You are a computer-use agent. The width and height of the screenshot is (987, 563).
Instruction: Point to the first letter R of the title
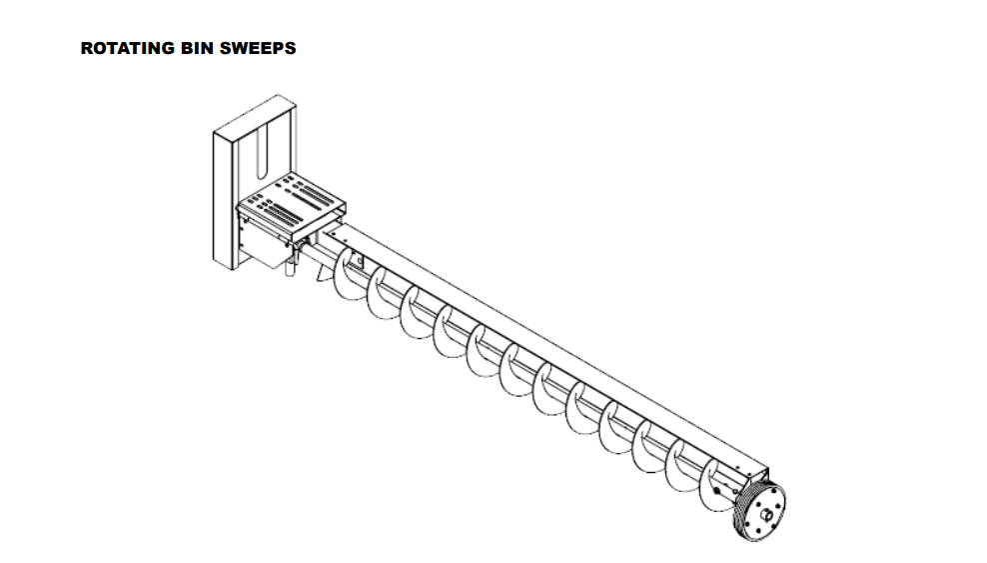[86, 48]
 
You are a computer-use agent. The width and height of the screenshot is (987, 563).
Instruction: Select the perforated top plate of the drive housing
[291, 199]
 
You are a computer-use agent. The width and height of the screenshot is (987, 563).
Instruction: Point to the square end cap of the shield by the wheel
[755, 470]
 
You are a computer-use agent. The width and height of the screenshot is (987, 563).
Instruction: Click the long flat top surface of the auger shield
[549, 340]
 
